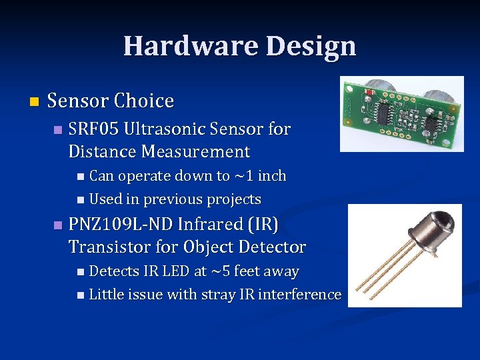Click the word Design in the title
[311, 47]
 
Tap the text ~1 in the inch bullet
[243, 176]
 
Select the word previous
[175, 199]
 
